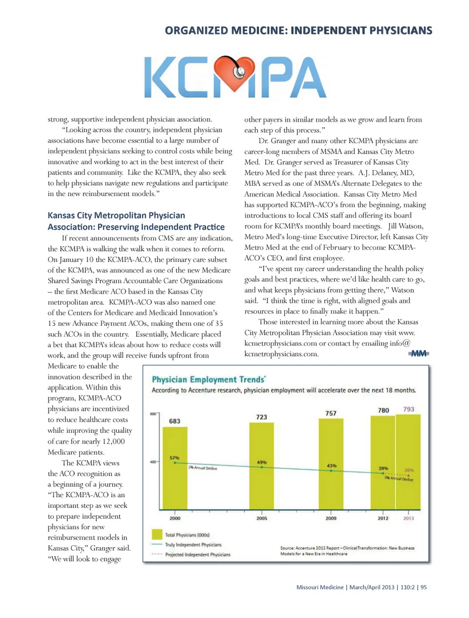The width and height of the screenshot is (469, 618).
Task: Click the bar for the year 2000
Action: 175,469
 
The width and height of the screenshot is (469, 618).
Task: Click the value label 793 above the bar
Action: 408,409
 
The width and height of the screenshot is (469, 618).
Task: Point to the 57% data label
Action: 174,458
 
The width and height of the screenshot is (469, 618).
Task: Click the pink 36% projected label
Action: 409,470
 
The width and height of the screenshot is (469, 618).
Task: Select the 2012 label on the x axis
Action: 383,518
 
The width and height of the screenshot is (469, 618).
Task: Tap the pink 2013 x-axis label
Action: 408,518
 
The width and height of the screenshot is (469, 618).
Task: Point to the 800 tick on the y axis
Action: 152,414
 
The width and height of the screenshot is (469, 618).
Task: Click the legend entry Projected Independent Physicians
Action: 197,554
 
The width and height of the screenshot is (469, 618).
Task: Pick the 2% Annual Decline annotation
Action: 203,468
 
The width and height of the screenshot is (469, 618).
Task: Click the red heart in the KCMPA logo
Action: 235,74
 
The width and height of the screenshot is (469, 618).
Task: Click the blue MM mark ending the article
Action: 419,353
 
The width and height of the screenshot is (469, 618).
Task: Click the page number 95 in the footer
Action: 424,587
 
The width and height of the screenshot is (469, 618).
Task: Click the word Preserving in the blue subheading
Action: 126,227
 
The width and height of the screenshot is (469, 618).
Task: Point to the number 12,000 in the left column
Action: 113,441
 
